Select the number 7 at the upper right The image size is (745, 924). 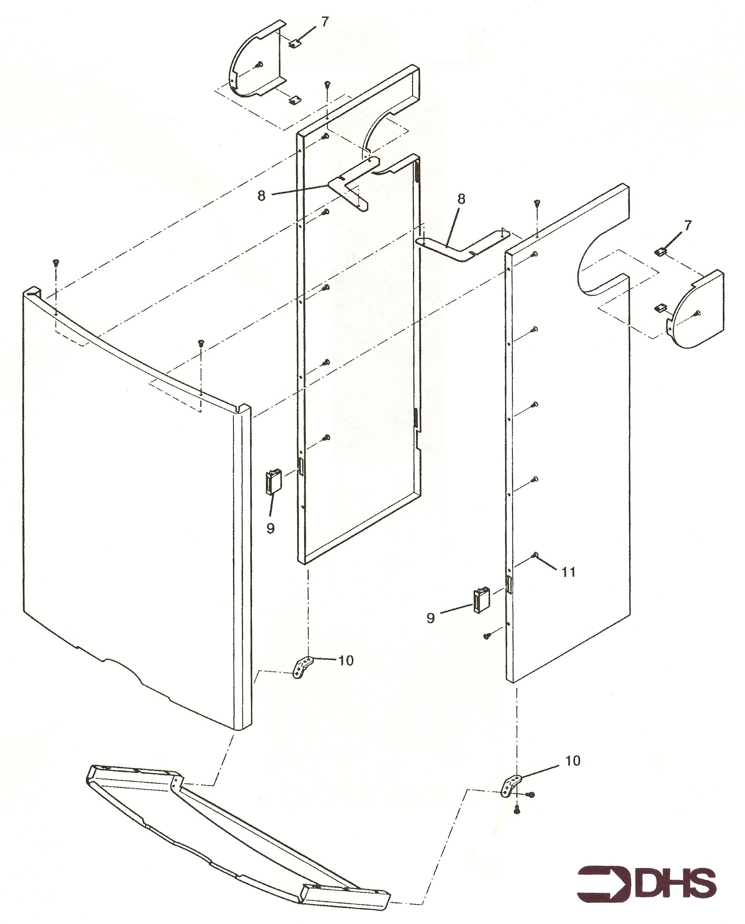688,225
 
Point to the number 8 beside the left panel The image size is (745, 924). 262,196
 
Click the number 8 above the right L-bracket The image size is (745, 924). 462,199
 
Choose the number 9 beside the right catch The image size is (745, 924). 431,618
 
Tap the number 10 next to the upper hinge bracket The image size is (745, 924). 346,660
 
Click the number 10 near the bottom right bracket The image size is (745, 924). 573,760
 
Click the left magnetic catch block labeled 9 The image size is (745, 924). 274,481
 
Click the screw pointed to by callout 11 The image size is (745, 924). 535,555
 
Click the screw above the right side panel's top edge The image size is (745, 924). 537,203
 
